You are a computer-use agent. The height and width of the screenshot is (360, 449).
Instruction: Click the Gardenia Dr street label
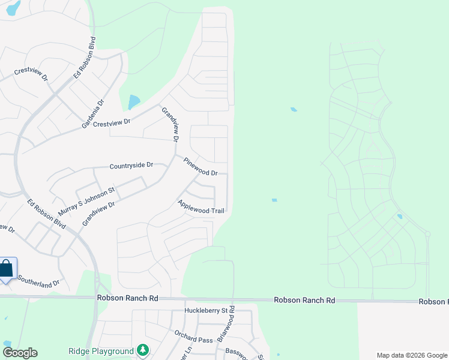[93, 114]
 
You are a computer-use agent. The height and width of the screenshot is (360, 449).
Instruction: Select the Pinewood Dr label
[201, 167]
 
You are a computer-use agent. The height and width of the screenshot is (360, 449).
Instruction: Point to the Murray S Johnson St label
[86, 202]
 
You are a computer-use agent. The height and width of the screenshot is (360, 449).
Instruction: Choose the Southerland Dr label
[39, 281]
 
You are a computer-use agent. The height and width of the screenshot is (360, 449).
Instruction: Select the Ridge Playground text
[100, 351]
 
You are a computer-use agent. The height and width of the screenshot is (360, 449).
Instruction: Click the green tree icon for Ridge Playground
[142, 350]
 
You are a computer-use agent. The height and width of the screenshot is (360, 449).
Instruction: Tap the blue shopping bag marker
[6, 268]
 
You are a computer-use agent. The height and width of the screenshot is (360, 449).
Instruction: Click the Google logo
[20, 353]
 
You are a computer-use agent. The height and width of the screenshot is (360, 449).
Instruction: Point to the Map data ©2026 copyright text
[411, 355]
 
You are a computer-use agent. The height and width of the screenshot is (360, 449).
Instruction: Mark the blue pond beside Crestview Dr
[134, 102]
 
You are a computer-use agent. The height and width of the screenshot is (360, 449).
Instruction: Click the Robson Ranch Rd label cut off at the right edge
[433, 302]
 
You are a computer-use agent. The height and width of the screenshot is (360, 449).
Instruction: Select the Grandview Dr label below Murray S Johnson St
[98, 213]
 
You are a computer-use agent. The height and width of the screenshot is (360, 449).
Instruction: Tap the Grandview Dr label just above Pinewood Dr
[170, 124]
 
